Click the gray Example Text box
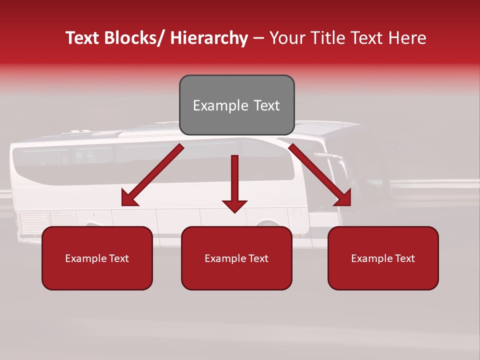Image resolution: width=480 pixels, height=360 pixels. pos(236,105)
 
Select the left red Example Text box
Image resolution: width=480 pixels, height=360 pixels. pos(97,258)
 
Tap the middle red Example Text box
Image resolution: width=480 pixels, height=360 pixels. pos(236,258)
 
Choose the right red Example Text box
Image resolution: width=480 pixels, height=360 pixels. pos(383,258)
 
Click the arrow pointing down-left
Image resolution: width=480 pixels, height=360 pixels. pos(152,175)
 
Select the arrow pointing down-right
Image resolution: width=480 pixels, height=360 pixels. pos(320,175)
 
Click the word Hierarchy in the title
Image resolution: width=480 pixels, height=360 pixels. pos(209,38)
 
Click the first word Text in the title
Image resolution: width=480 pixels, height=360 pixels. pos(83,38)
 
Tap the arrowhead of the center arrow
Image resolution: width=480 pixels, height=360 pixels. pos(234,205)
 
